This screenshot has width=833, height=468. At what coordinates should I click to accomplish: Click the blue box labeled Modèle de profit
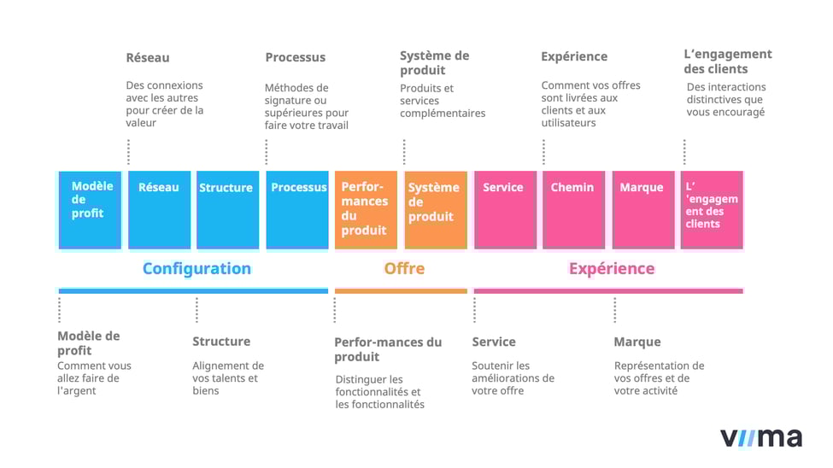point(89,209)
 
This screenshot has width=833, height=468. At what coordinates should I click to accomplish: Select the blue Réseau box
point(159,209)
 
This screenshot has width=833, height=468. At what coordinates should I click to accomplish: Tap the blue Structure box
point(227,209)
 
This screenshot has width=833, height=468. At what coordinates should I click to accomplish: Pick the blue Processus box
point(297,209)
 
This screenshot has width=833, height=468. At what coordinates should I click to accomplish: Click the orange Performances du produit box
point(366,209)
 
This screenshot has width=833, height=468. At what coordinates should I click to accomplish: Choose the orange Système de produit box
point(436,209)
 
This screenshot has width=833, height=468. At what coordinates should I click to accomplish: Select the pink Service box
point(504,209)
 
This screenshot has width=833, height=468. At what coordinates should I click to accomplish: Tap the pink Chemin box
point(573,209)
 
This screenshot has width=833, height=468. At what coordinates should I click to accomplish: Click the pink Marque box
point(642,209)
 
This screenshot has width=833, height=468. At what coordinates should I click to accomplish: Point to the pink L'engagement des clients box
point(712,209)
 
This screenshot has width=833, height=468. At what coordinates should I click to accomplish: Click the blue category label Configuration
point(197,268)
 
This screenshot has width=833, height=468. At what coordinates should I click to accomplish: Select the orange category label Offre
point(404,268)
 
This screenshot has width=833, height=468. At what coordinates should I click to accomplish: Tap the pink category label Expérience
point(612,268)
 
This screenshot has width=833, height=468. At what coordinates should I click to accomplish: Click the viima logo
point(761,436)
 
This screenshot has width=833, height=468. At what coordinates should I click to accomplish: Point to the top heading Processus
point(295,57)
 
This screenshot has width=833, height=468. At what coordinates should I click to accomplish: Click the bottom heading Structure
point(221,341)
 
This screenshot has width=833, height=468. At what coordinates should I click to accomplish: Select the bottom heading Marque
point(637,342)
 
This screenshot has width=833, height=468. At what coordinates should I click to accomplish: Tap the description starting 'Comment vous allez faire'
point(94,377)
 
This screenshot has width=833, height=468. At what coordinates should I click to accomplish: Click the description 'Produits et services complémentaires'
point(442,101)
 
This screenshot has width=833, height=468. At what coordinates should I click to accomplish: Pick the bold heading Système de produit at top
point(434,62)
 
